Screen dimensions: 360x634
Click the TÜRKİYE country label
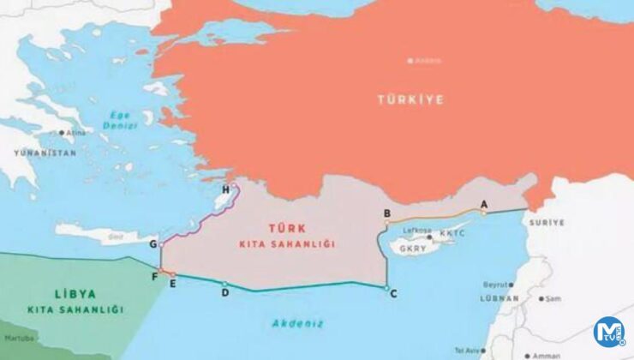point(411,100)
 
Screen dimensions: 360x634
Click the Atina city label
point(76,133)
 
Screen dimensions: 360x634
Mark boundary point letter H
point(225,189)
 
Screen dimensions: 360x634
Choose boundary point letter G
point(153,244)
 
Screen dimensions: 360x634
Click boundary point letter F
point(154,276)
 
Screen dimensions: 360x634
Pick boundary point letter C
point(393,294)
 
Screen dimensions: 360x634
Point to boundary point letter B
point(387,213)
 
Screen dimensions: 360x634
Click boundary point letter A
point(483,204)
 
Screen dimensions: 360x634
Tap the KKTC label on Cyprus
point(452,233)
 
